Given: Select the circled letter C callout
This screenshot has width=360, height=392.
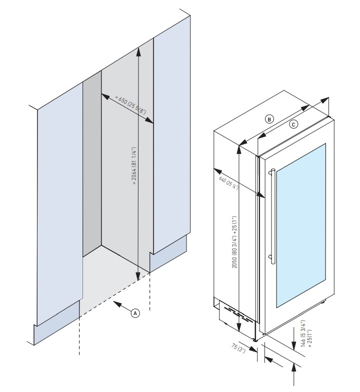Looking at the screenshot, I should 294,123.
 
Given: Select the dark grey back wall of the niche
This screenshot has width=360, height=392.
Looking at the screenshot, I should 92,165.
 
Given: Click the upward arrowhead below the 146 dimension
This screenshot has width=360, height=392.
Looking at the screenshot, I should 294,367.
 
